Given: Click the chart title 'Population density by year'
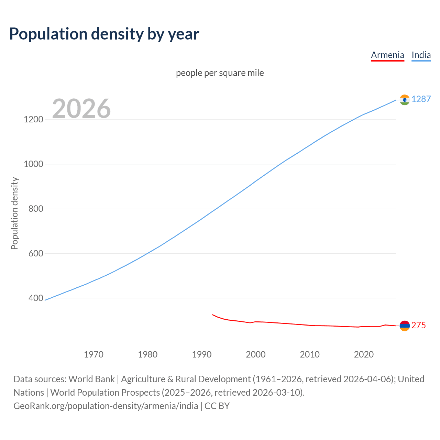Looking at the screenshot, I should pyautogui.click(x=104, y=34).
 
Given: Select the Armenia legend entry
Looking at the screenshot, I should pyautogui.click(x=387, y=55).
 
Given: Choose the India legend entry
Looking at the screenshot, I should pyautogui.click(x=421, y=55).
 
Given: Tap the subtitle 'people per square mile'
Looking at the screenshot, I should pyautogui.click(x=220, y=73).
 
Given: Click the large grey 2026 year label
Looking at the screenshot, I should pyautogui.click(x=81, y=109).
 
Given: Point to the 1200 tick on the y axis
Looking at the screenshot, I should pyautogui.click(x=33, y=120).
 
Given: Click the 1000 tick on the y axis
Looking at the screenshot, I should pyautogui.click(x=33, y=164).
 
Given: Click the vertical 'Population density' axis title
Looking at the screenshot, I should pyautogui.click(x=14, y=213).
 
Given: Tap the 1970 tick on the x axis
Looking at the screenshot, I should pyautogui.click(x=93, y=354).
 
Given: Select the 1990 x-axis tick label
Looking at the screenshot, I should pyautogui.click(x=202, y=354).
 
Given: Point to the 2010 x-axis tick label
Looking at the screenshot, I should pyautogui.click(x=310, y=354).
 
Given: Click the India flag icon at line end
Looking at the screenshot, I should pyautogui.click(x=405, y=100).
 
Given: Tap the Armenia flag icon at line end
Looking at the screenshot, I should pyautogui.click(x=405, y=326).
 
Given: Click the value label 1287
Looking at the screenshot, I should pyautogui.click(x=421, y=99).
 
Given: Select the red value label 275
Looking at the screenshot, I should pyautogui.click(x=419, y=326).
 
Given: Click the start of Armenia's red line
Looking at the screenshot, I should pyautogui.click(x=213, y=315).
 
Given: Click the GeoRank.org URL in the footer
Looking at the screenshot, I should pyautogui.click(x=106, y=406).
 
